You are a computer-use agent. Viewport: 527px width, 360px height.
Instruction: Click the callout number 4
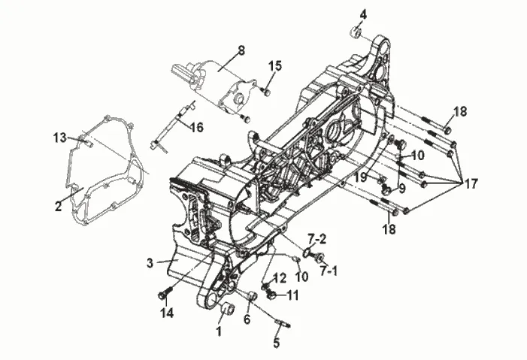363,14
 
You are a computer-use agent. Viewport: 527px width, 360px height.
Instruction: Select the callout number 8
241,50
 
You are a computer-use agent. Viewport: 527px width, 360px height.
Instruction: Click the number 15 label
275,66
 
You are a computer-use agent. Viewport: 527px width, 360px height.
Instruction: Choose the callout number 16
196,127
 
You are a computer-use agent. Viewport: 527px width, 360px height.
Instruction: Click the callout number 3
150,262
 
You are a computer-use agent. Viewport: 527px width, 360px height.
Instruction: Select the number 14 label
166,313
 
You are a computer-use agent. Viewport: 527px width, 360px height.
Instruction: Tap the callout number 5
276,343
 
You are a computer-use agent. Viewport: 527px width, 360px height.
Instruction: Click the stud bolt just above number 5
283,325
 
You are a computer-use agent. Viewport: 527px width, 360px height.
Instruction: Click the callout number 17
470,183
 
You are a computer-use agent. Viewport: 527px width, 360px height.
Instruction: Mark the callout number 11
292,295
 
